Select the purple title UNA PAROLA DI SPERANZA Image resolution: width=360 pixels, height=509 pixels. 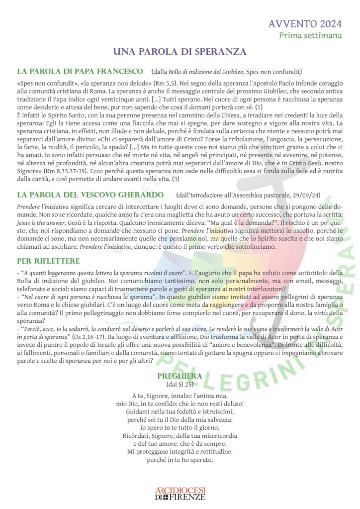coord(180,52)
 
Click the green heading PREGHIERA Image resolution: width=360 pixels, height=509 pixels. coord(180,376)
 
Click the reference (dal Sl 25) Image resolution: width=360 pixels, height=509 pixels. coord(180,385)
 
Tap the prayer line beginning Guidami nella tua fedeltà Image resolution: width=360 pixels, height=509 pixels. coord(180,412)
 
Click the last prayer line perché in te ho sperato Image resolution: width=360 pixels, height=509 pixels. coord(180,460)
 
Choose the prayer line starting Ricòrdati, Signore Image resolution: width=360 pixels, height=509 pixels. coord(180,436)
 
